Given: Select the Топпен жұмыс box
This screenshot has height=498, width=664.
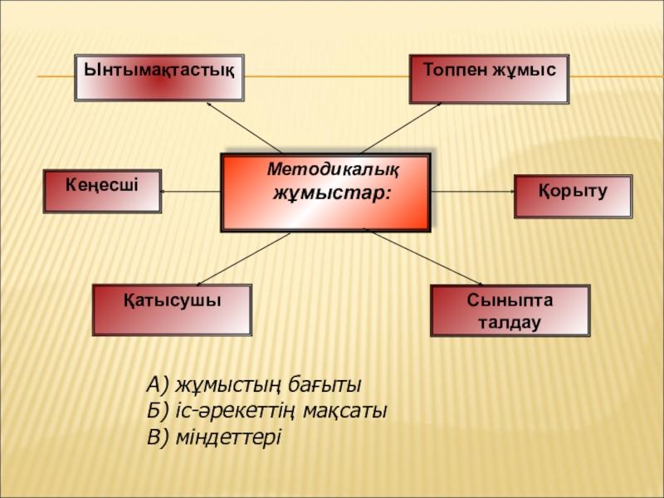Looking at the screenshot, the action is pos(491,79).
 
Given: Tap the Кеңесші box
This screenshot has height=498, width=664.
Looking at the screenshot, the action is pos(102,191).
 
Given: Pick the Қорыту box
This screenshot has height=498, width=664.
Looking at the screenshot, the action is pos(573,196).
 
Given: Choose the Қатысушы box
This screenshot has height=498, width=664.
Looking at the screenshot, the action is pos(173,310).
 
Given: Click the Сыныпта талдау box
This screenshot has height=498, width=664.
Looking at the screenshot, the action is pos(510,310).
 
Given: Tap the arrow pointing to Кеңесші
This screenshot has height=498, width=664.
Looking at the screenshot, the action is pos(191,191).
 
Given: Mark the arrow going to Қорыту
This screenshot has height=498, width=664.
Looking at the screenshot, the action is pos(473,191).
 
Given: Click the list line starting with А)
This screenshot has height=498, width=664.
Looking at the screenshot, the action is pos(254,385).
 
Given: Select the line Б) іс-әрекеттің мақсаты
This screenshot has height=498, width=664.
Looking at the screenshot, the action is pos(266,411).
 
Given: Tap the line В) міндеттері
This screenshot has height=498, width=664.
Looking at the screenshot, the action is pos(214,437).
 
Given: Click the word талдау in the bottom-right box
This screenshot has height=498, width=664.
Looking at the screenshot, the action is pos(510,321).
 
